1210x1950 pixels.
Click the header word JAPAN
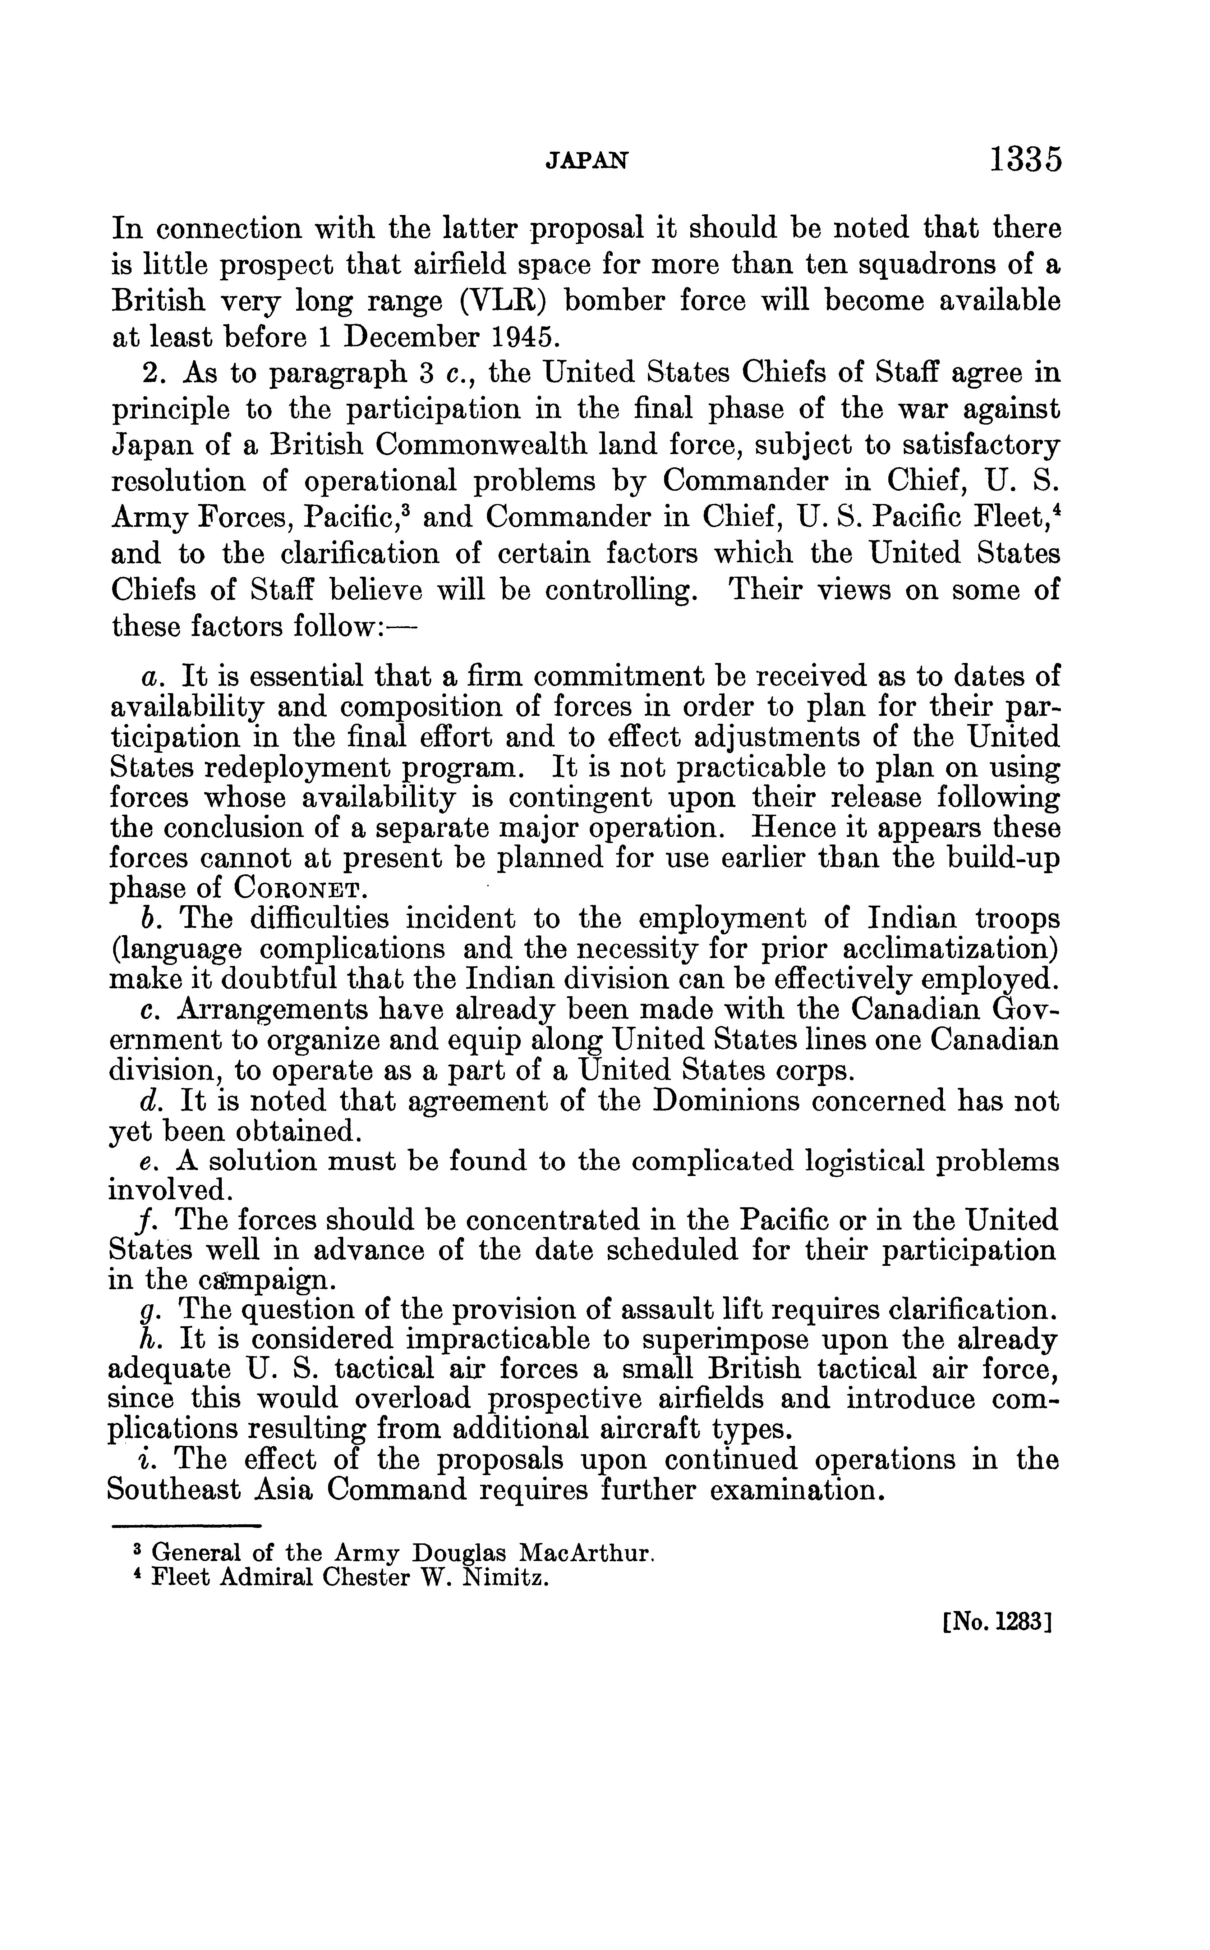pyautogui.click(x=586, y=161)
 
